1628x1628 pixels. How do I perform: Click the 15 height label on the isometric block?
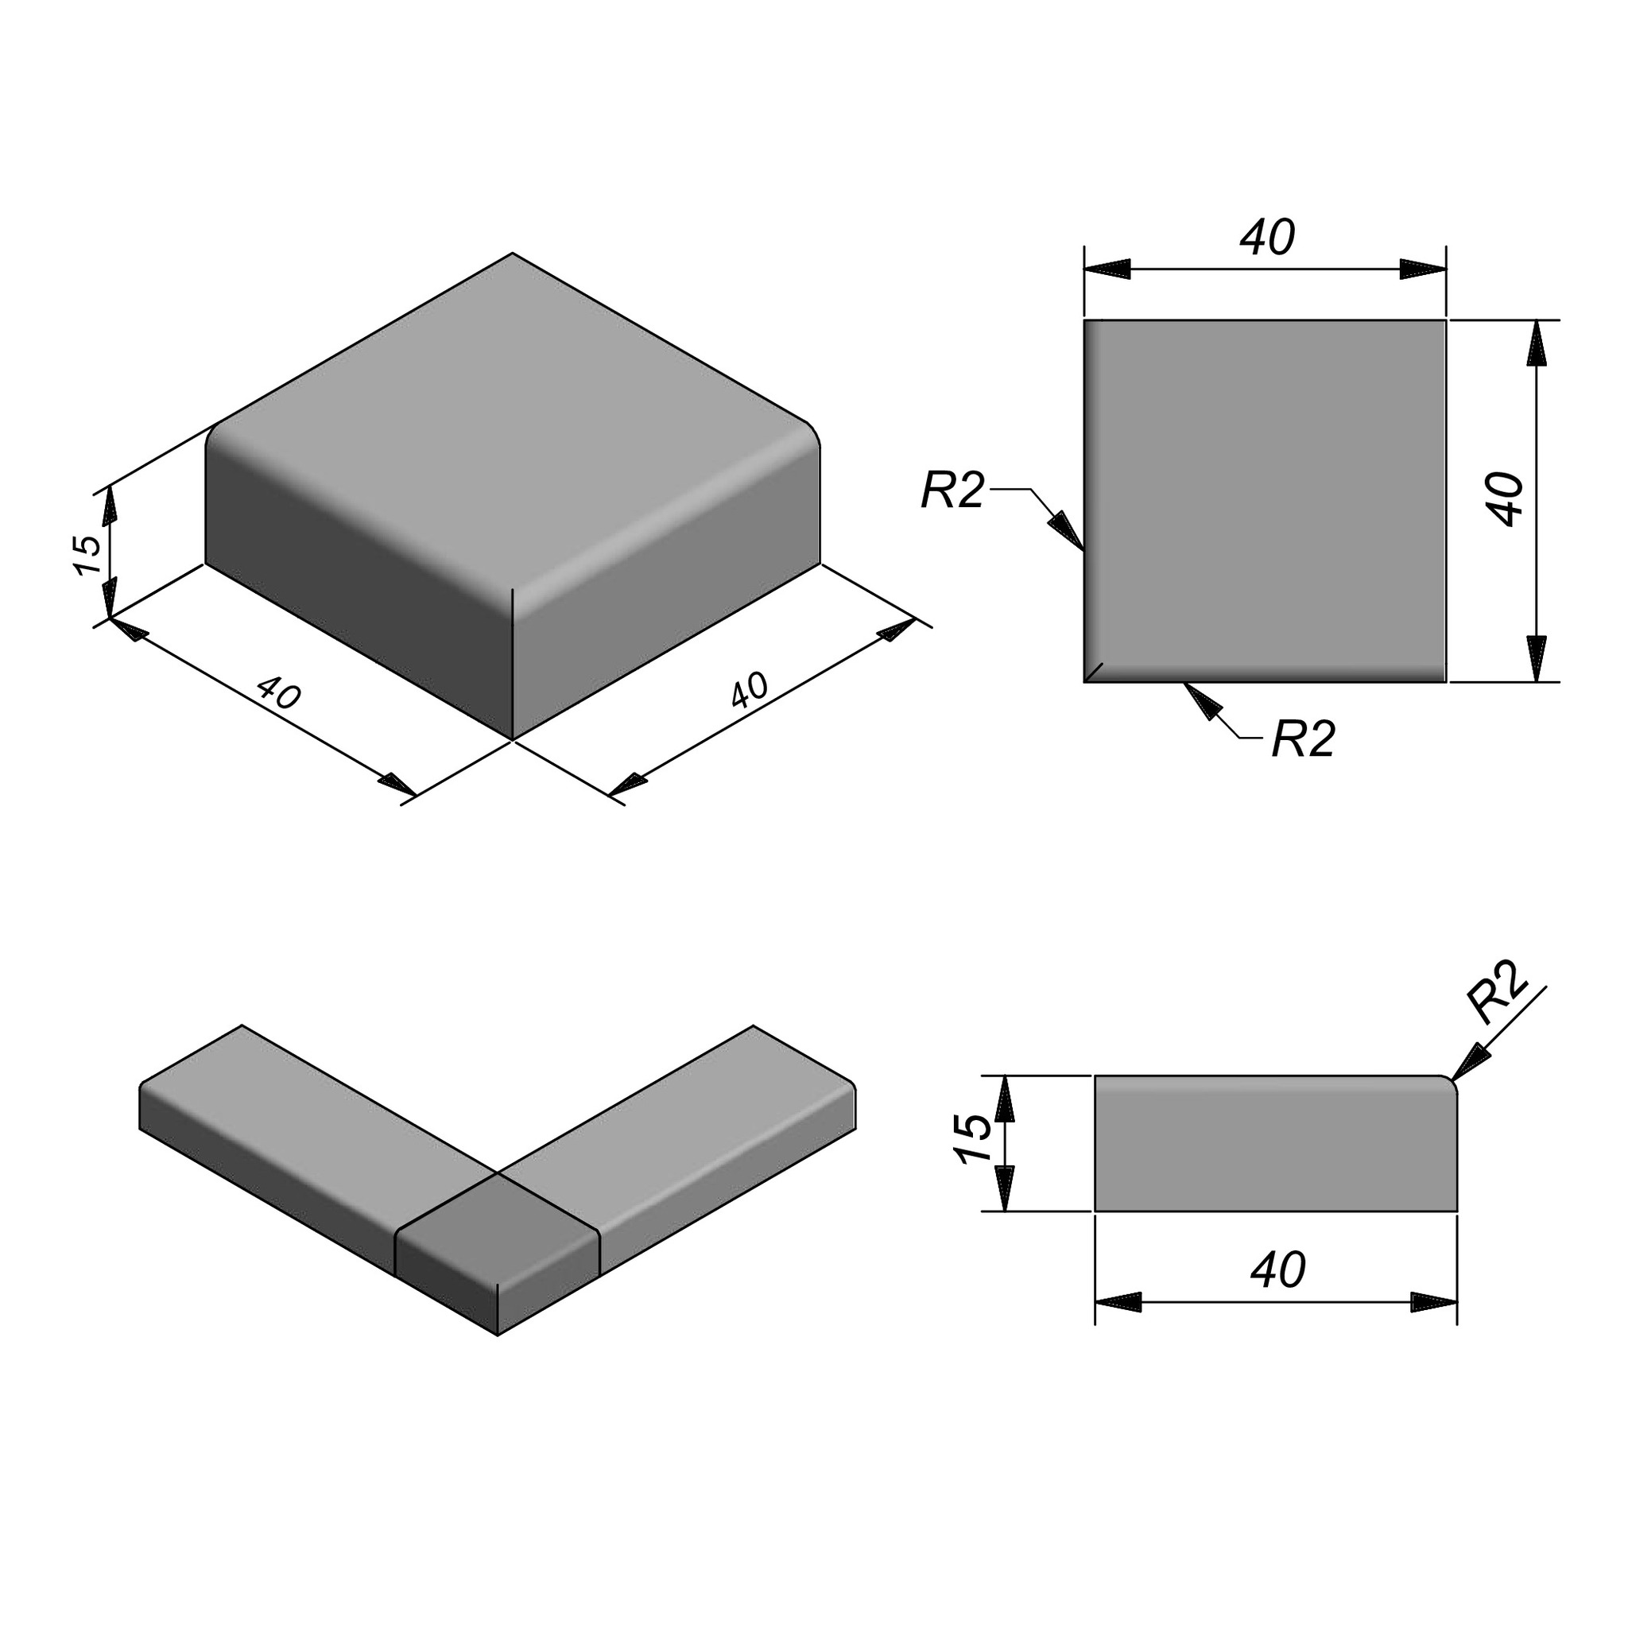click(88, 555)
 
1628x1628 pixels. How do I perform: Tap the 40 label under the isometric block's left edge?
click(279, 692)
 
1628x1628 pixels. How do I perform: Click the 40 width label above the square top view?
click(1266, 238)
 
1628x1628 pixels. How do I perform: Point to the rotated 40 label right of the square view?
click(1506, 500)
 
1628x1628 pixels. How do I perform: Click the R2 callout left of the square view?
click(952, 490)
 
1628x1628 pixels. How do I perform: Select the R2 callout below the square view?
click(1304, 739)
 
